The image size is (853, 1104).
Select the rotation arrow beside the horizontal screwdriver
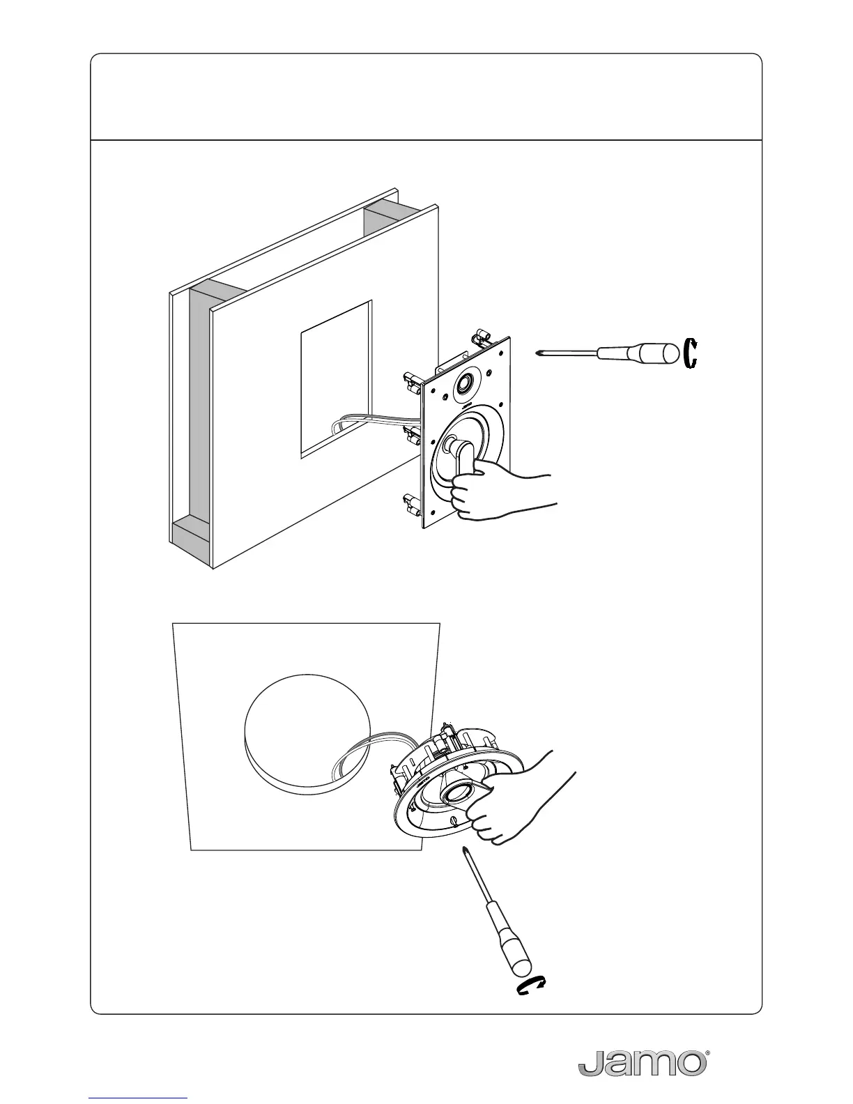pos(691,353)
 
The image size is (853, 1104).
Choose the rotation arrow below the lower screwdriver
pos(531,987)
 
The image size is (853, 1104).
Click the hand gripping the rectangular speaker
pos(498,493)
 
